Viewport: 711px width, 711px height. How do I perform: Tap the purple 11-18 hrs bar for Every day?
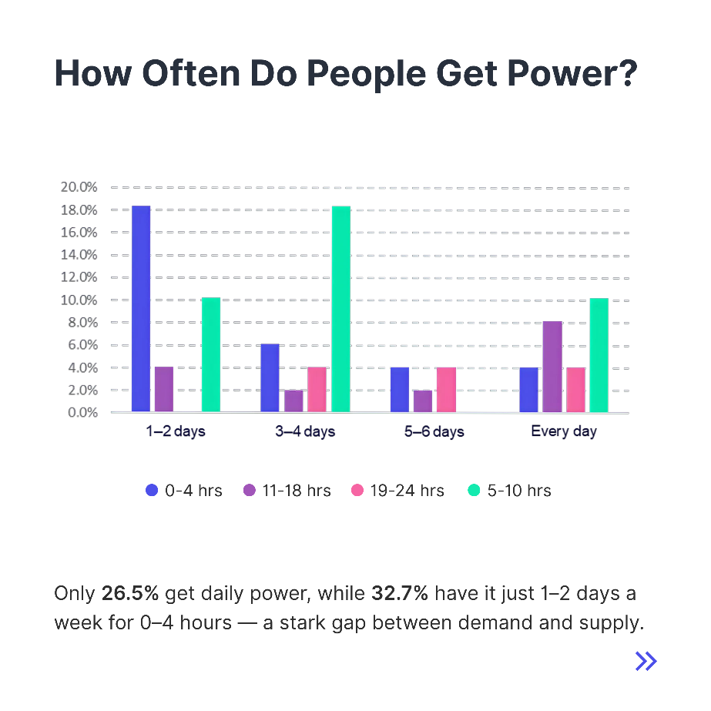pyautogui.click(x=552, y=367)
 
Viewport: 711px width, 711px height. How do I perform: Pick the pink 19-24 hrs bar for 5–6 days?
pyautogui.click(x=447, y=390)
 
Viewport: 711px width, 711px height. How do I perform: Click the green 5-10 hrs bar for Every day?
pyautogui.click(x=599, y=355)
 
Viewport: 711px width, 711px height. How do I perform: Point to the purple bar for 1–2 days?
pyautogui.click(x=164, y=389)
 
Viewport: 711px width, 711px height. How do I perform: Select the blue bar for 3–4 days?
pyautogui.click(x=270, y=377)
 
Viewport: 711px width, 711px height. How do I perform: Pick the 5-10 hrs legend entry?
pyautogui.click(x=509, y=490)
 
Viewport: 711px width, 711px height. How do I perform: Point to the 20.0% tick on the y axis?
pyautogui.click(x=79, y=187)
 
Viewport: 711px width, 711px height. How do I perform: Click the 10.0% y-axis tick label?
pyautogui.click(x=79, y=300)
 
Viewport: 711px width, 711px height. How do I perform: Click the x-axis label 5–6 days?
pyautogui.click(x=434, y=431)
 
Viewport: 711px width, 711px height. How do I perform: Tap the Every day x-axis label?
pyautogui.click(x=564, y=431)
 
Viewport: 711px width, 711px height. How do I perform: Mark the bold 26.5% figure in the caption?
pyautogui.click(x=130, y=595)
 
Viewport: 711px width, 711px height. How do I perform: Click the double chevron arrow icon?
pyautogui.click(x=646, y=661)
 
